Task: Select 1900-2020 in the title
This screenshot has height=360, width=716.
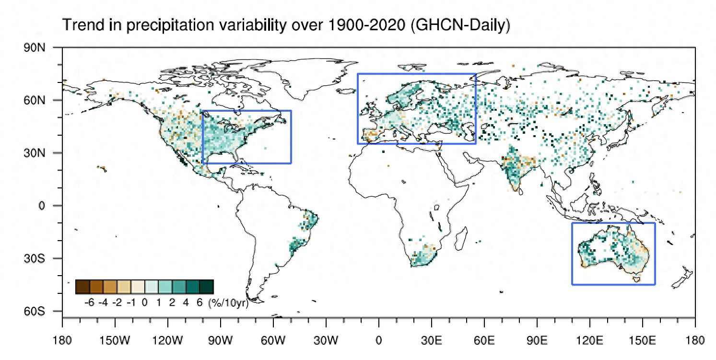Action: pyautogui.click(x=367, y=26)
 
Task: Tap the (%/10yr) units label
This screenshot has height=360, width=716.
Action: pyautogui.click(x=228, y=303)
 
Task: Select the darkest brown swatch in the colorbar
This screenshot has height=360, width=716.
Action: pyautogui.click(x=82, y=287)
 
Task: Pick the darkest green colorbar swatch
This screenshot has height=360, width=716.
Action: pyautogui.click(x=206, y=287)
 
